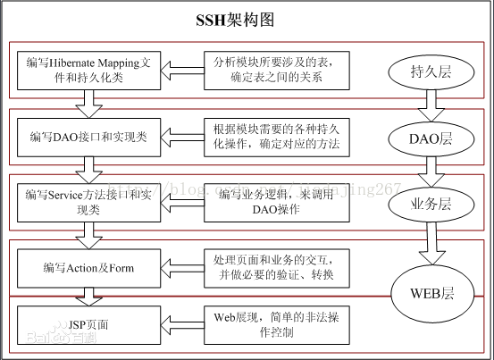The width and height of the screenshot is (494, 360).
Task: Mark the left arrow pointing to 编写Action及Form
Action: click(184, 267)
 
